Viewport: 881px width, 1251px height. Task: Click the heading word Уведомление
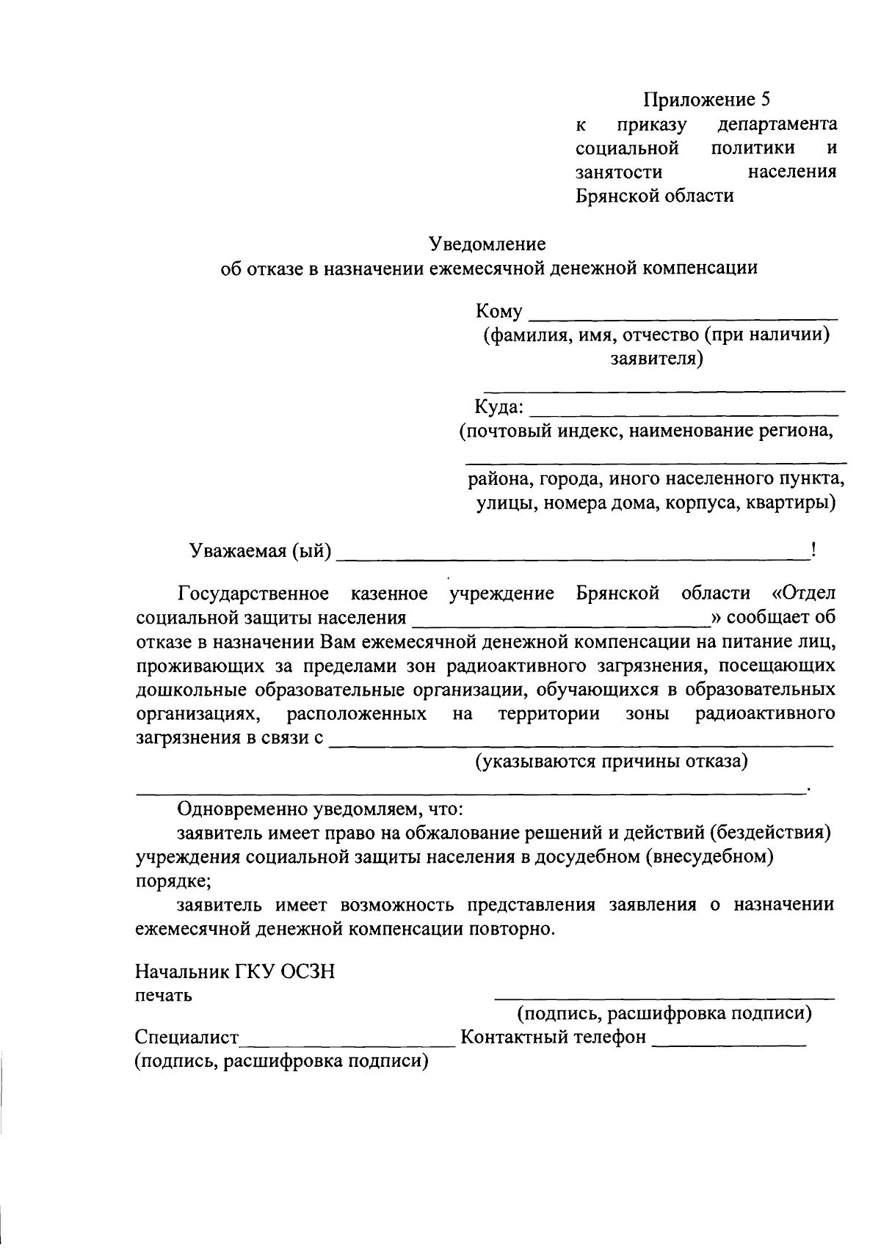pyautogui.click(x=487, y=244)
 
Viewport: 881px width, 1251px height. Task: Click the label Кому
pyautogui.click(x=499, y=312)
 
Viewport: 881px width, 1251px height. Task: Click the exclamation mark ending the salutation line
pyautogui.click(x=814, y=549)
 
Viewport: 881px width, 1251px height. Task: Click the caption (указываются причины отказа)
pyautogui.click(x=612, y=762)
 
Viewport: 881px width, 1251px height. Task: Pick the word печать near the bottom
pyautogui.click(x=164, y=996)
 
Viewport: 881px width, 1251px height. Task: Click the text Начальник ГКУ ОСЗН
pyautogui.click(x=235, y=972)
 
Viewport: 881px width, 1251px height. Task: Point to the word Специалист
pyautogui.click(x=187, y=1037)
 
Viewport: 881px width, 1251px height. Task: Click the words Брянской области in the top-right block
pyautogui.click(x=654, y=196)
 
